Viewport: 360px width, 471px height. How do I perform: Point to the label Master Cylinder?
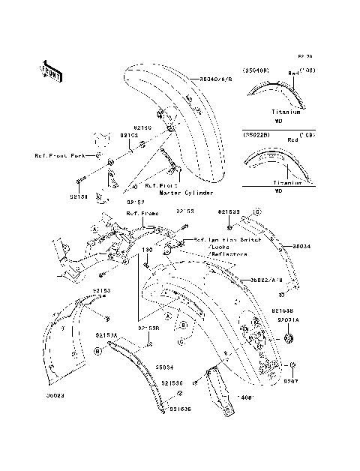pyautogui.click(x=184, y=193)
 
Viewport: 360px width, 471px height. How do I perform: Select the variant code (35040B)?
pyautogui.click(x=255, y=71)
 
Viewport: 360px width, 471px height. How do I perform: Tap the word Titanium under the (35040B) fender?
pyautogui.click(x=286, y=112)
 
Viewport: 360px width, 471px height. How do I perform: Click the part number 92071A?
pyautogui.click(x=289, y=319)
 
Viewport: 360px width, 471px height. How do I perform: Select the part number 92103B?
pyautogui.click(x=282, y=309)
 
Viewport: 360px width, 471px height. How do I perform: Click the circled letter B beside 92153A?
pyautogui.click(x=98, y=350)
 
